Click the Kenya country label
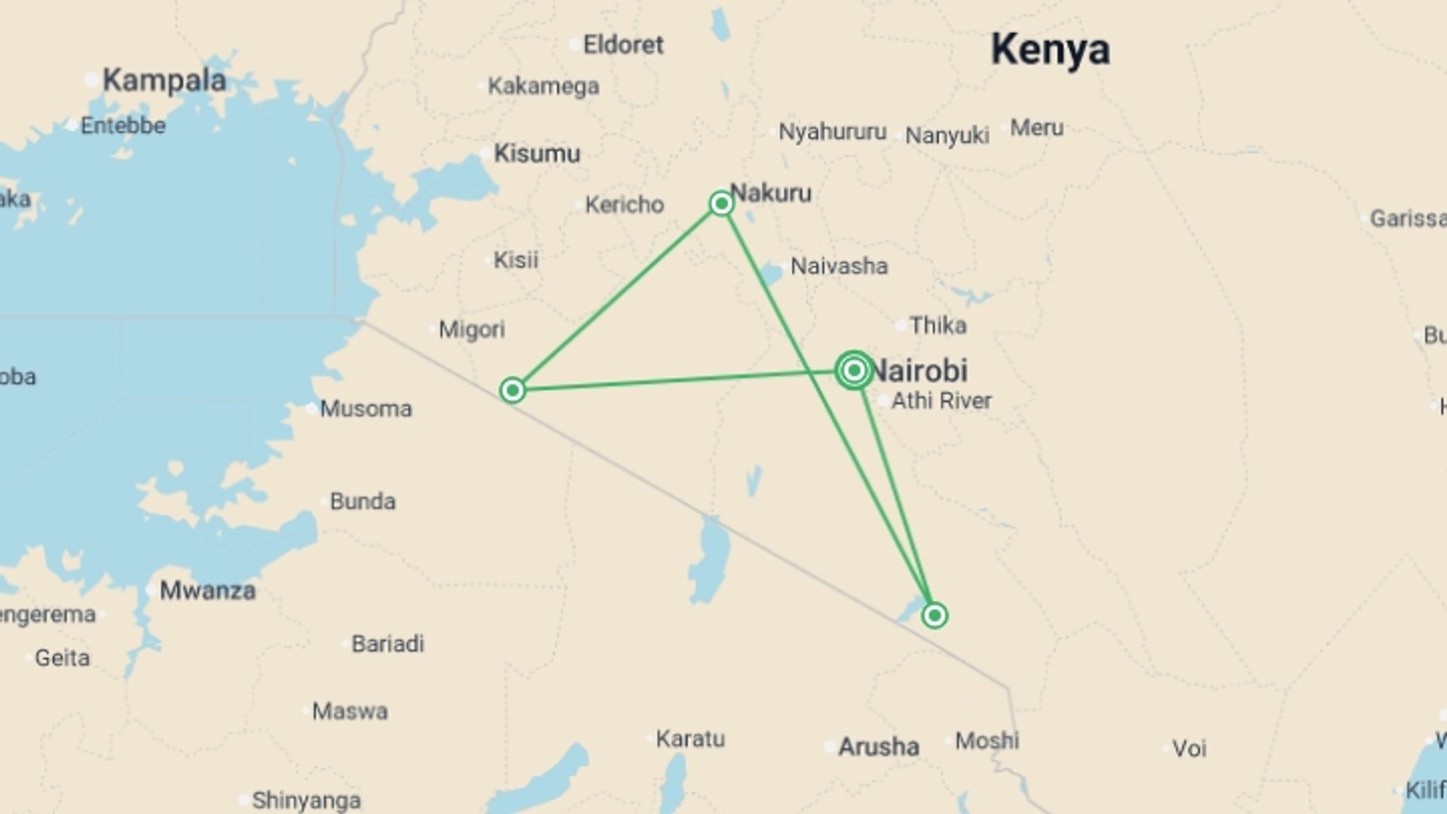click(x=1050, y=50)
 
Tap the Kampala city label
click(x=164, y=80)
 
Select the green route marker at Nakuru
click(x=721, y=203)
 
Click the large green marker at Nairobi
click(x=854, y=370)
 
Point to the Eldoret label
click(x=623, y=45)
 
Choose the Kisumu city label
click(x=537, y=154)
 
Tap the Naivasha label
click(x=838, y=266)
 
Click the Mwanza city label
click(x=207, y=590)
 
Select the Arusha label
click(x=879, y=747)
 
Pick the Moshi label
click(x=987, y=741)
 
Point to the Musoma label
click(x=366, y=409)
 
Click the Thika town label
click(x=938, y=326)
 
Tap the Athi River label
click(x=941, y=401)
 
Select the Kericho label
click(x=624, y=204)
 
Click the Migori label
click(x=472, y=329)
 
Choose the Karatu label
click(x=690, y=739)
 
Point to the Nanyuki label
click(x=947, y=136)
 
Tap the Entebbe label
click(x=123, y=125)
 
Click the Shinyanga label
click(x=306, y=800)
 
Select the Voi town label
click(x=1188, y=748)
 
